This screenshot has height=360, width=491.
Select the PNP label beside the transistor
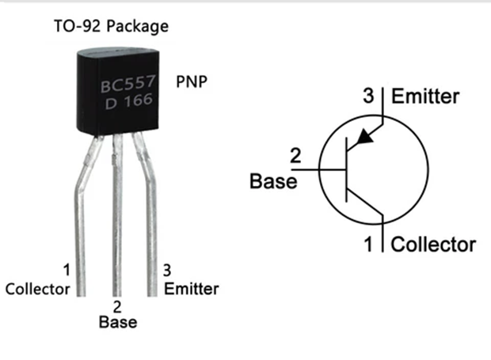[x=193, y=81]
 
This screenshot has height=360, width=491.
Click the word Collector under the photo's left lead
[x=37, y=288]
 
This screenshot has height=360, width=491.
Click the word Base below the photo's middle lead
[x=117, y=322]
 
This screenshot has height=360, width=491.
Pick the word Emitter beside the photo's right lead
[x=192, y=288]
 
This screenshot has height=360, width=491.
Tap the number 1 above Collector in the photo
[x=66, y=271]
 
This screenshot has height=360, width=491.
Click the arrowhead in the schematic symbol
[x=364, y=138]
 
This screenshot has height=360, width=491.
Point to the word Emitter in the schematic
[x=426, y=97]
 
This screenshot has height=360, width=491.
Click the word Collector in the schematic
[x=434, y=244]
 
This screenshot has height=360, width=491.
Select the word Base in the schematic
[x=273, y=182]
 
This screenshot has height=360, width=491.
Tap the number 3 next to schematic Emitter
[x=368, y=97]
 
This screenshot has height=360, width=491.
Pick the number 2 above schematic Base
[x=295, y=156]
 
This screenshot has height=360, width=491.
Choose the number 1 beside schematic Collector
[x=368, y=244]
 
